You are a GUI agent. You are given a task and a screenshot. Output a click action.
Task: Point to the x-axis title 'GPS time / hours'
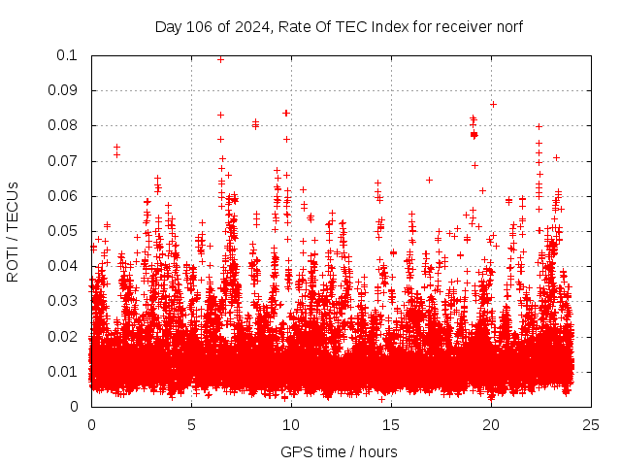[x=339, y=451]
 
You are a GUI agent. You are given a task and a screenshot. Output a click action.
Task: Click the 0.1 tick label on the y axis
[x=68, y=55]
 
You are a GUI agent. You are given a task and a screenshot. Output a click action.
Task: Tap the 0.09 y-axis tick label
[x=64, y=90]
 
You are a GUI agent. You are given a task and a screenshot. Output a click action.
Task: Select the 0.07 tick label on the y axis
[x=64, y=161]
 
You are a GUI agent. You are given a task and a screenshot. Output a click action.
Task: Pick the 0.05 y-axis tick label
[x=64, y=231]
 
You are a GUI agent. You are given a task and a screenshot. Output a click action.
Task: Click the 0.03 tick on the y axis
[x=64, y=301]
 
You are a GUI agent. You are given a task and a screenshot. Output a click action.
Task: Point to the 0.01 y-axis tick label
[x=64, y=372]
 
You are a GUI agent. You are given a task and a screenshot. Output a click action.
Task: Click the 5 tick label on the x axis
[x=191, y=424]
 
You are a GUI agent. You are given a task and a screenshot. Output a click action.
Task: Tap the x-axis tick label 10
[x=291, y=424]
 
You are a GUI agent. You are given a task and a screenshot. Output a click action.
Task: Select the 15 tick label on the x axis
[x=391, y=424]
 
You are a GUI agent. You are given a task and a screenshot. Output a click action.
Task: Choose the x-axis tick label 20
[x=491, y=424]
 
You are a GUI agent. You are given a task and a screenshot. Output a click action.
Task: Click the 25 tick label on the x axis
[x=591, y=424]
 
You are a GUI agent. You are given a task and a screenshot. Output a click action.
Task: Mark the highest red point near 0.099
[x=220, y=59]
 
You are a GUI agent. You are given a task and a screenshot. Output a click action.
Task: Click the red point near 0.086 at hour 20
[x=493, y=104]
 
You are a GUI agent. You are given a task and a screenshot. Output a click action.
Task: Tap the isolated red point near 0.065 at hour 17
[x=429, y=180]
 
